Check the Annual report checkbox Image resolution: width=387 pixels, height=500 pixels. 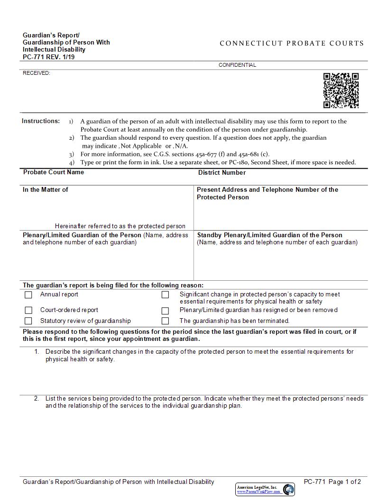[28, 295]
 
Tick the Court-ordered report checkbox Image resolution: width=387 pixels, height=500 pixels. [28, 311]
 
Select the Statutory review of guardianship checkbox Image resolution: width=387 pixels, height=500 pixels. [28, 321]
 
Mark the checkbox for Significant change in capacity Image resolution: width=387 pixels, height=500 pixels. [165, 295]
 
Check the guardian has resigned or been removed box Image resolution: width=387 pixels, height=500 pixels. [165, 311]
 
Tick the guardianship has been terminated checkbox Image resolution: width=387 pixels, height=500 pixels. [165, 321]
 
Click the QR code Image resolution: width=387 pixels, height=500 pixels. [341, 90]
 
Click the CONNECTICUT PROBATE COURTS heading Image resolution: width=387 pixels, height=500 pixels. [292, 43]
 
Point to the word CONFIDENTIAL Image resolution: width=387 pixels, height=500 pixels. [237, 65]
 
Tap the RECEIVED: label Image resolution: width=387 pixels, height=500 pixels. [37, 73]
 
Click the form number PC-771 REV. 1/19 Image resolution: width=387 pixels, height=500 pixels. [48, 57]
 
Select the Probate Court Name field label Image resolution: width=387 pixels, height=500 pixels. [54, 172]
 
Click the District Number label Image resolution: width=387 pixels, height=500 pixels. [222, 173]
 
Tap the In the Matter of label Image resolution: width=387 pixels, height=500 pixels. [46, 190]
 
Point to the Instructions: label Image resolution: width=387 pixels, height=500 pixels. [41, 121]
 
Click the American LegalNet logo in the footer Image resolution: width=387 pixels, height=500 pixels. [265, 489]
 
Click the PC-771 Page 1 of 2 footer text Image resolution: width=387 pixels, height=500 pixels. [332, 482]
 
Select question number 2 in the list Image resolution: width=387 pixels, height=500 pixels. [37, 399]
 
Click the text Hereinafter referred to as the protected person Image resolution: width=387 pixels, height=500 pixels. [120, 226]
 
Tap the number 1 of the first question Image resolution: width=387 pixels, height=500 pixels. [37, 352]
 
